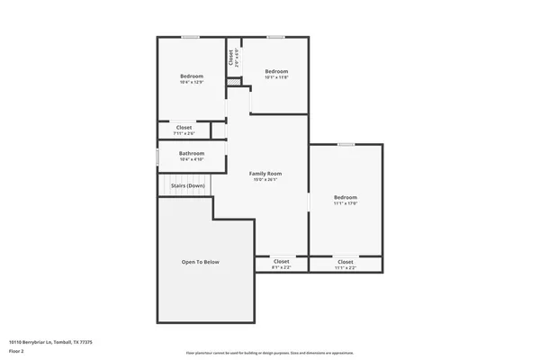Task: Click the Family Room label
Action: [265, 173]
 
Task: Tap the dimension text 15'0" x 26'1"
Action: [265, 179]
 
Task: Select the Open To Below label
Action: [200, 262]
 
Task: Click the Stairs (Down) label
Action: [188, 185]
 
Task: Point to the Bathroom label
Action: [192, 153]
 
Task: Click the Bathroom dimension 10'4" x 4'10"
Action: [192, 159]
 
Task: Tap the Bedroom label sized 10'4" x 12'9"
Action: [192, 76]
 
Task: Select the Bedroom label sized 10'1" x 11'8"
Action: [276, 71]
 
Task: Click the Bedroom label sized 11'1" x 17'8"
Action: [346, 197]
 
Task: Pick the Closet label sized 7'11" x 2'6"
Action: [184, 127]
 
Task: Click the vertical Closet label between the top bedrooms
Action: [231, 57]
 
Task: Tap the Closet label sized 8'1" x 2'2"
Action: [282, 261]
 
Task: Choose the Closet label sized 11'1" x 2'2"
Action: [346, 261]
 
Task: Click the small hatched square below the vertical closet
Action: [233, 83]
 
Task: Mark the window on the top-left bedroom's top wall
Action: [191, 37]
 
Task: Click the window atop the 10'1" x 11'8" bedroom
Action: [275, 37]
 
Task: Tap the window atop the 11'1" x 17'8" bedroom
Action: [346, 144]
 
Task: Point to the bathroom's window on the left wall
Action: [158, 157]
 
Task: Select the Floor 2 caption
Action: [16, 349]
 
